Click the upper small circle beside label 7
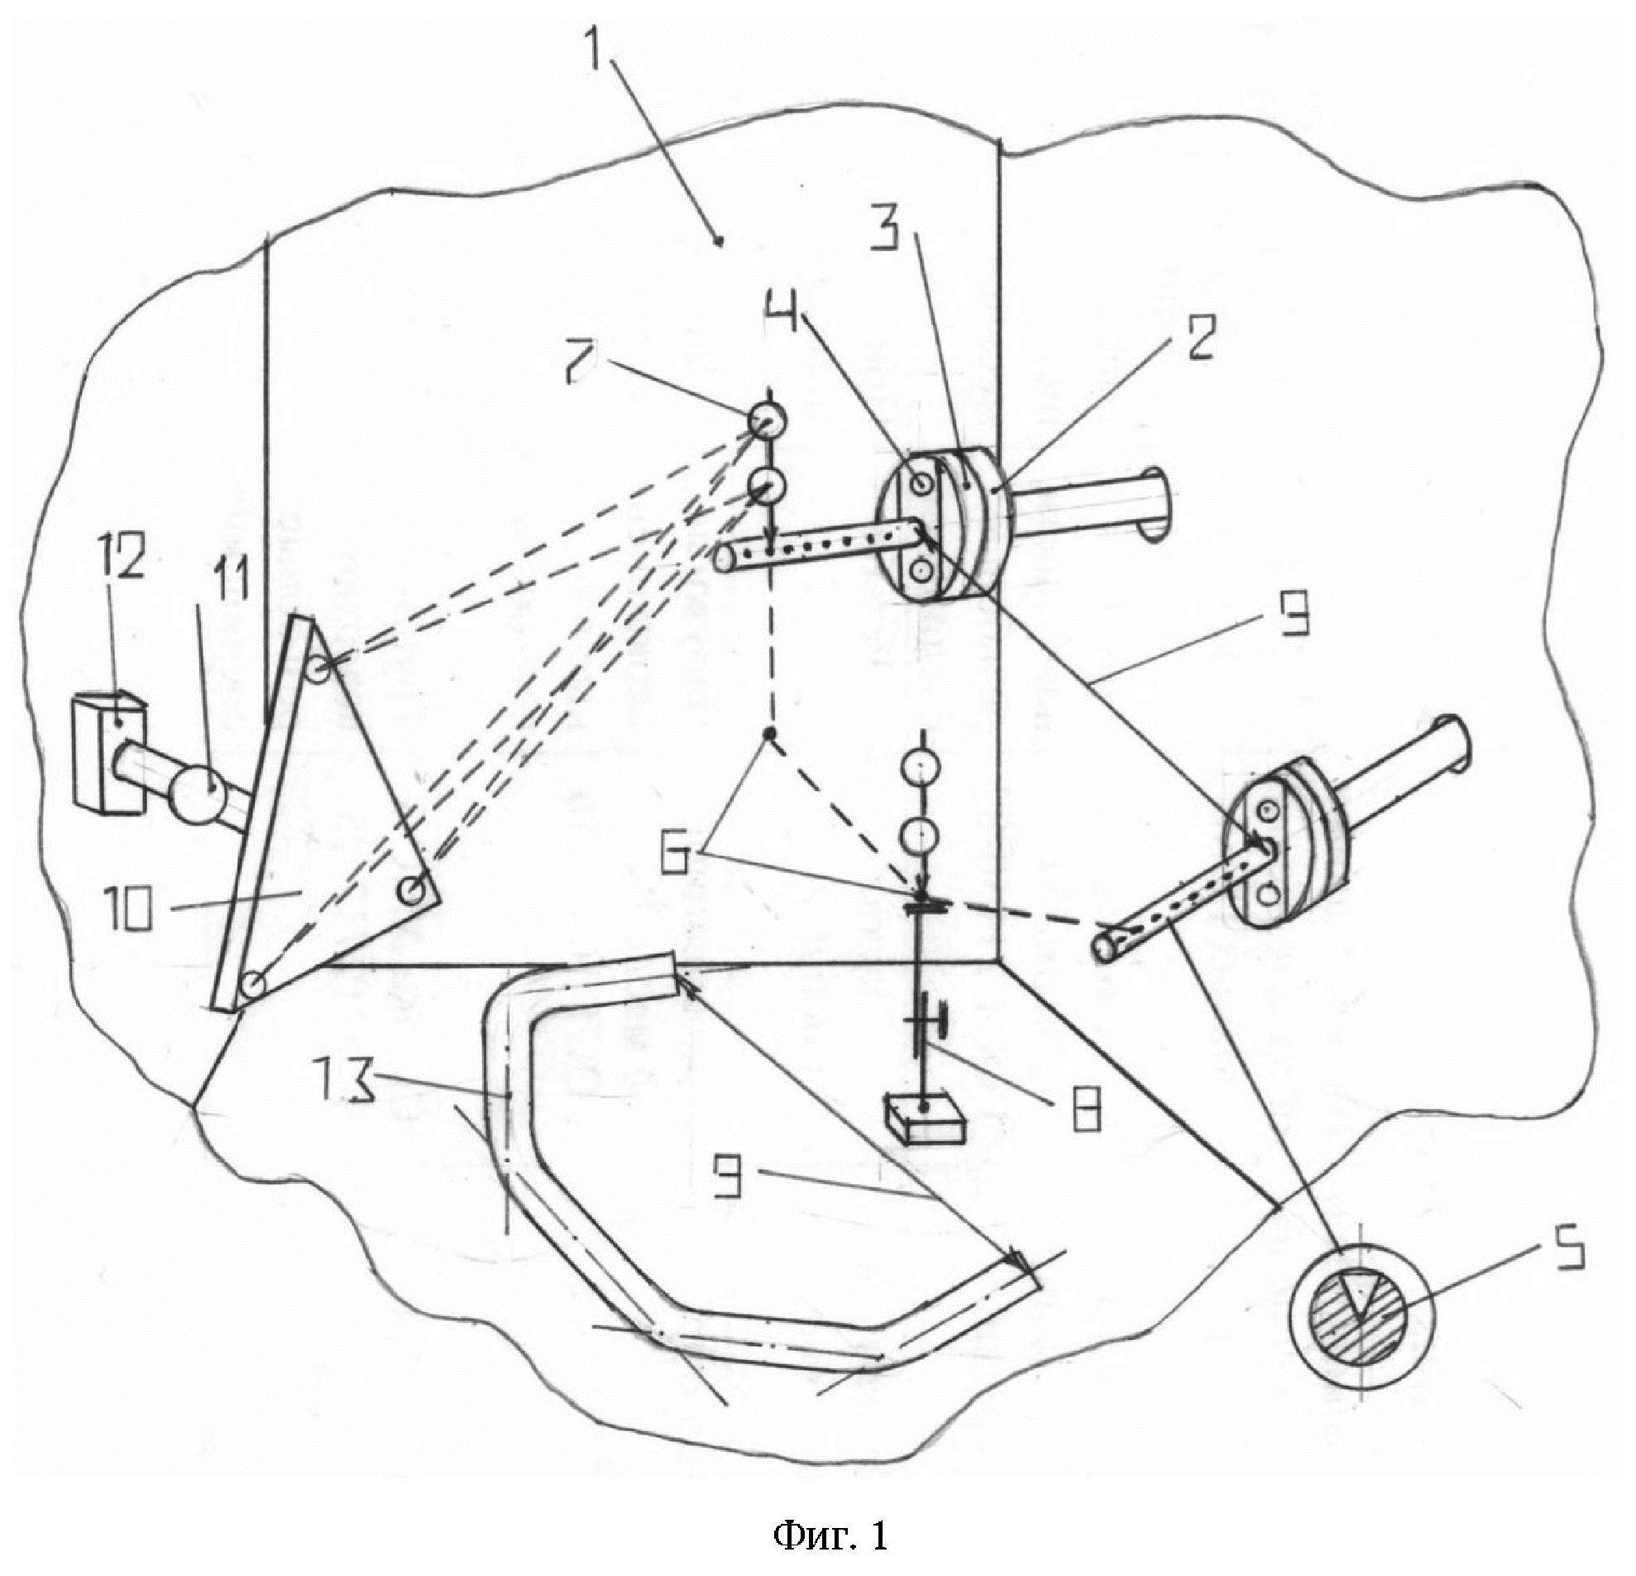[x=765, y=421]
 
